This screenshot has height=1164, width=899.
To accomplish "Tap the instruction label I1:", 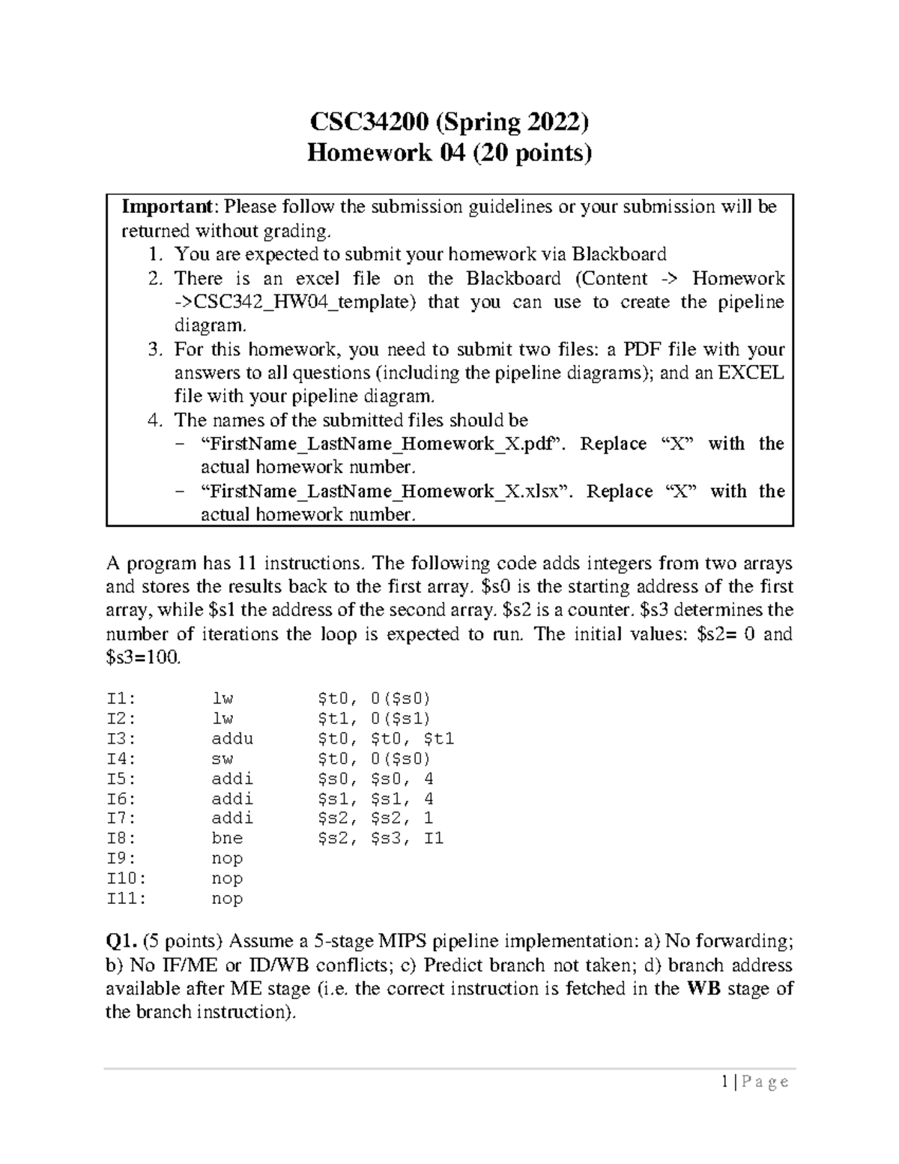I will [121, 699].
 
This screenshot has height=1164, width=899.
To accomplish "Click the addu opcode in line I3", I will [232, 738].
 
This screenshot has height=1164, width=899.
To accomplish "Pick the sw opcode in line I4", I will [223, 759].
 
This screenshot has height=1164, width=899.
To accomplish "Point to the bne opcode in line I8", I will [227, 838].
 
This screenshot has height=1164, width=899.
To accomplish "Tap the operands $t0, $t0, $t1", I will [386, 738].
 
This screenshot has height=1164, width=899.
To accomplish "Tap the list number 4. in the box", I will [155, 420].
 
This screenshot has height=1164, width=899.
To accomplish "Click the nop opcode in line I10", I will [227, 878].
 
